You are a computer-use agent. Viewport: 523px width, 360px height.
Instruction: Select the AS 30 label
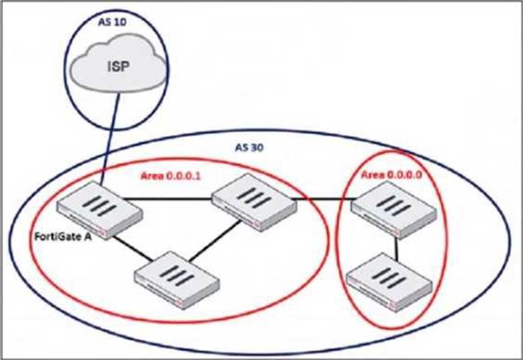tap(249, 148)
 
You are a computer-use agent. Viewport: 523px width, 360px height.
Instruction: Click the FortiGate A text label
tap(62, 237)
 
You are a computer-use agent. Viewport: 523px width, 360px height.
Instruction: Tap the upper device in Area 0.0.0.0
tap(392, 213)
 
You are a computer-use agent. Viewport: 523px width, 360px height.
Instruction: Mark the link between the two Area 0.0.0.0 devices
tap(397, 249)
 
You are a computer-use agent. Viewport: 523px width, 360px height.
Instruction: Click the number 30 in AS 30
tap(256, 148)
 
